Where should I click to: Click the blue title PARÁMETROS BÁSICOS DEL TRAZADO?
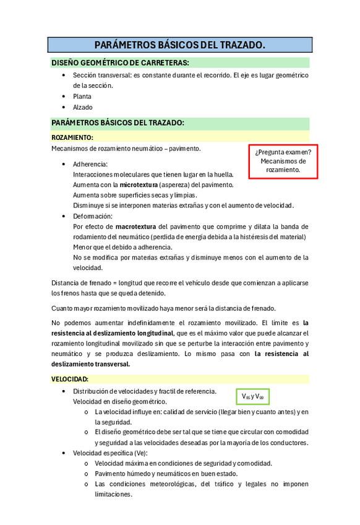179,45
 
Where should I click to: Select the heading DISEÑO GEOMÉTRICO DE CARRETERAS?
120,63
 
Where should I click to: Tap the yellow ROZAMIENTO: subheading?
72,137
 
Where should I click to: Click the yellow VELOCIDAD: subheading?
70,378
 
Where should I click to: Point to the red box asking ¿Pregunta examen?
283,161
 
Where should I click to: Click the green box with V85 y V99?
253,396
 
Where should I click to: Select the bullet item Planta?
82,97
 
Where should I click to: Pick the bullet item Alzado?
82,107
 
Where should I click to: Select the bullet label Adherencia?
90,164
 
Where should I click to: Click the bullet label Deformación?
93,216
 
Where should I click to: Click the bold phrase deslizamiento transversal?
91,364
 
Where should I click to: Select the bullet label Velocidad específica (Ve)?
110,453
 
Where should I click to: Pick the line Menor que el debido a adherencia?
122,247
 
